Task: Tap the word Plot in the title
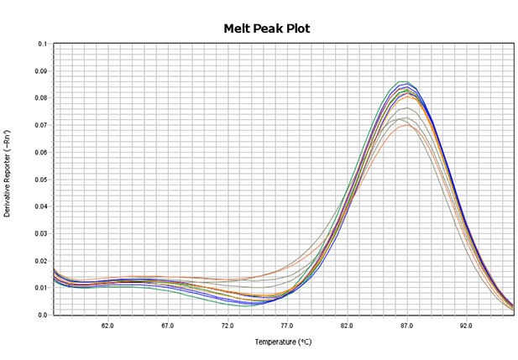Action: (296, 29)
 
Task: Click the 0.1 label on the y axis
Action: (43, 44)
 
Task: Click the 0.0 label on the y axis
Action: (43, 315)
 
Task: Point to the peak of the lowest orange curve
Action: (407, 125)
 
